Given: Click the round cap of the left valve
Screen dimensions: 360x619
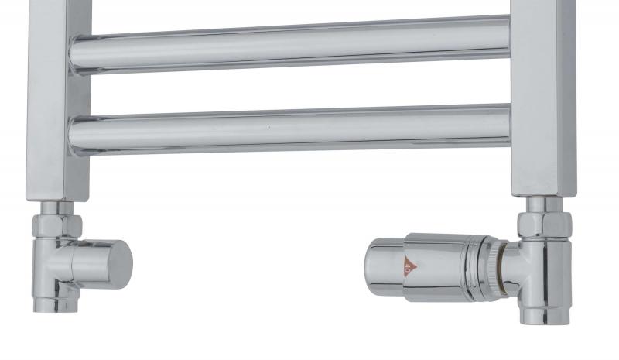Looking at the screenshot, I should pyautogui.click(x=116, y=264).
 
